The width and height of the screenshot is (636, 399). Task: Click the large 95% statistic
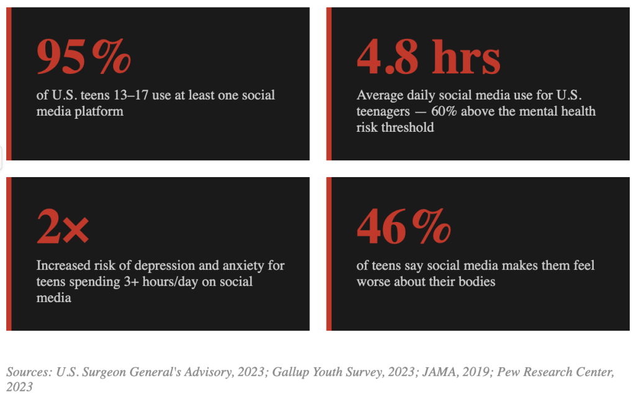[x=84, y=57]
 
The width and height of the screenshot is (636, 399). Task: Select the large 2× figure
[x=63, y=228]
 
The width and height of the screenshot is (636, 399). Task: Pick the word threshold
[x=409, y=128]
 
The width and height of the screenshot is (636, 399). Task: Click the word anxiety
[x=245, y=266]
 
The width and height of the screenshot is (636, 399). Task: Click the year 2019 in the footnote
[x=471, y=372]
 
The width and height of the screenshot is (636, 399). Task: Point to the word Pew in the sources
[x=504, y=372]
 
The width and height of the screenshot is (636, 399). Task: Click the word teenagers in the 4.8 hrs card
[x=383, y=112]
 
